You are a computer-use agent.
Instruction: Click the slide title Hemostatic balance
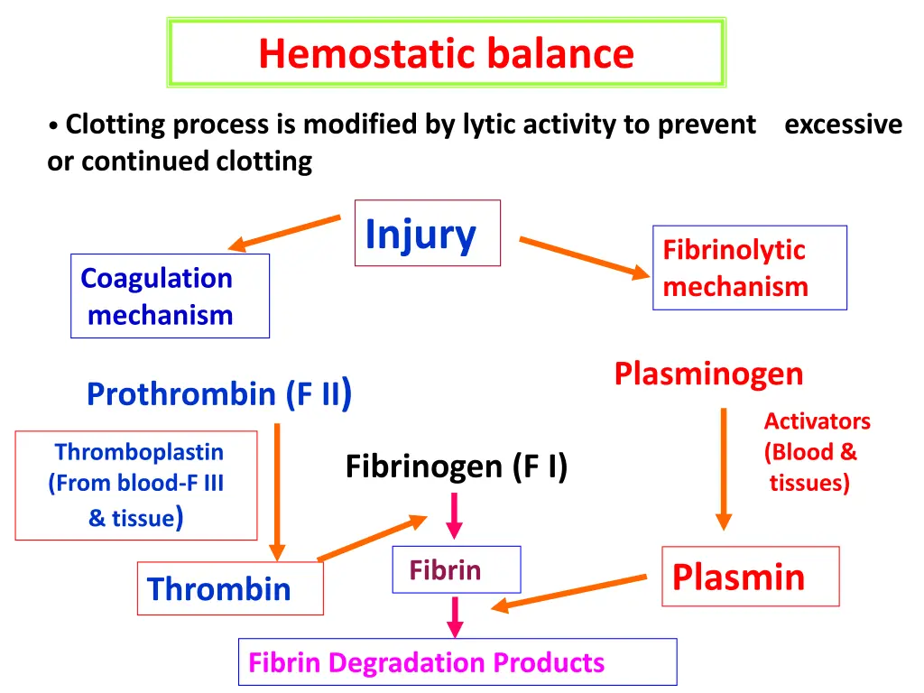[446, 53]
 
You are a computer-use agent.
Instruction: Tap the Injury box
[427, 233]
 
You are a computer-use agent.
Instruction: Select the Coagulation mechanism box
[170, 296]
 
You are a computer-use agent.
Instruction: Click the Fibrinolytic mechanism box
[749, 268]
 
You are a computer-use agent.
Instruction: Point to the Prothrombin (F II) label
[218, 394]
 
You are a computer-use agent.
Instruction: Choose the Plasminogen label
[708, 374]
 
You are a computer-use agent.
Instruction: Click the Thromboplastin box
[136, 485]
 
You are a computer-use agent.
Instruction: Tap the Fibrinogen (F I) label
[457, 467]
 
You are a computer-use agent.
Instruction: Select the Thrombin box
[230, 589]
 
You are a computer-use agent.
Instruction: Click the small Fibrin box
[456, 569]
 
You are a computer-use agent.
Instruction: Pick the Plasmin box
[750, 576]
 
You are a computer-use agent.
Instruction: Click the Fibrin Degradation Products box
[457, 662]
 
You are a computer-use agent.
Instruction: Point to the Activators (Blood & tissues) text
[815, 452]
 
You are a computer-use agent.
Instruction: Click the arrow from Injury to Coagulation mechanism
[283, 232]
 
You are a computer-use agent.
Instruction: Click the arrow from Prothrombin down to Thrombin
[277, 492]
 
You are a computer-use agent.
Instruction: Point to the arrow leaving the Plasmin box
[568, 592]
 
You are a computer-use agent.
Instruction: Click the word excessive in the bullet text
[843, 125]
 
